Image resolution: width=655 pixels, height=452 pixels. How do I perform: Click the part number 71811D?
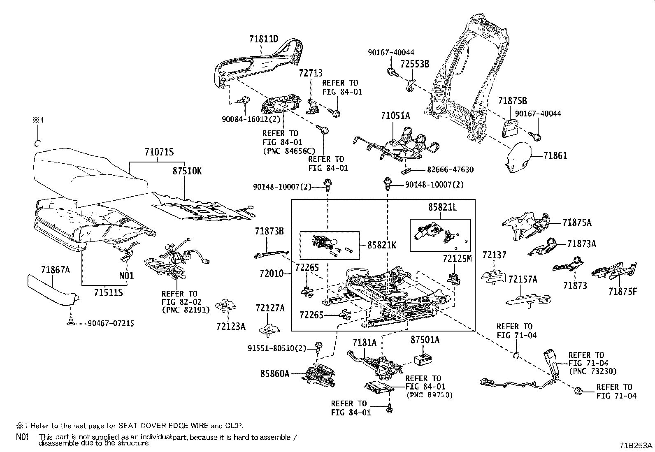264,39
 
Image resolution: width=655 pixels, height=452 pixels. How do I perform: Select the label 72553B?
415,64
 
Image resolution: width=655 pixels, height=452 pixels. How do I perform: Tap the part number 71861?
555,156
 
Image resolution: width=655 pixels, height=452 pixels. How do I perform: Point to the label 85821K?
381,245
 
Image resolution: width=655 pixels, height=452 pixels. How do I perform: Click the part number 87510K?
187,171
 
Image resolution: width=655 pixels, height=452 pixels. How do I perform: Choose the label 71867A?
55,269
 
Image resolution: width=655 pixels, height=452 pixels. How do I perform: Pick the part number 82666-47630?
450,169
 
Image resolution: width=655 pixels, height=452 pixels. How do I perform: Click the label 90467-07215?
111,323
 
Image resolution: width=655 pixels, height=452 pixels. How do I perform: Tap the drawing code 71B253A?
636,445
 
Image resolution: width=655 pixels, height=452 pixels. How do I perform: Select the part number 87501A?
425,339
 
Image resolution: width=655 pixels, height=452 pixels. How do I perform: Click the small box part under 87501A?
423,359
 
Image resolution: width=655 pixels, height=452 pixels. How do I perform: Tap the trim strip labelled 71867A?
53,290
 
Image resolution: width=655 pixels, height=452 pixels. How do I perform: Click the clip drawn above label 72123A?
225,305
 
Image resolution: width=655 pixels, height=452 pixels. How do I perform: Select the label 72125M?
457,258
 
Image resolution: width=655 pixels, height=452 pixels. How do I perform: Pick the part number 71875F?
622,292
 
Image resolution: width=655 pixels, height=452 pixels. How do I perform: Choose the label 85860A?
275,373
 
